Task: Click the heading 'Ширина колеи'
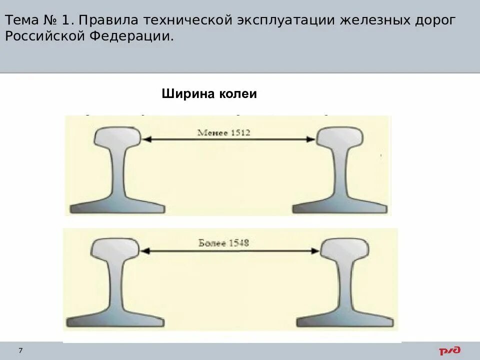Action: coord(209,94)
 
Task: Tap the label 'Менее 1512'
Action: coord(223,132)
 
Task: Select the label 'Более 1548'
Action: coord(223,243)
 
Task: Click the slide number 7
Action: coord(20,350)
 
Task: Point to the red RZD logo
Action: coord(450,351)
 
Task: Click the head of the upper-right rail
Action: coord(340,137)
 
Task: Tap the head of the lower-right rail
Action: coord(344,248)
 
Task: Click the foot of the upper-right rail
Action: coord(340,207)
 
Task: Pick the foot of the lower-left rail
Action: coord(114,320)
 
